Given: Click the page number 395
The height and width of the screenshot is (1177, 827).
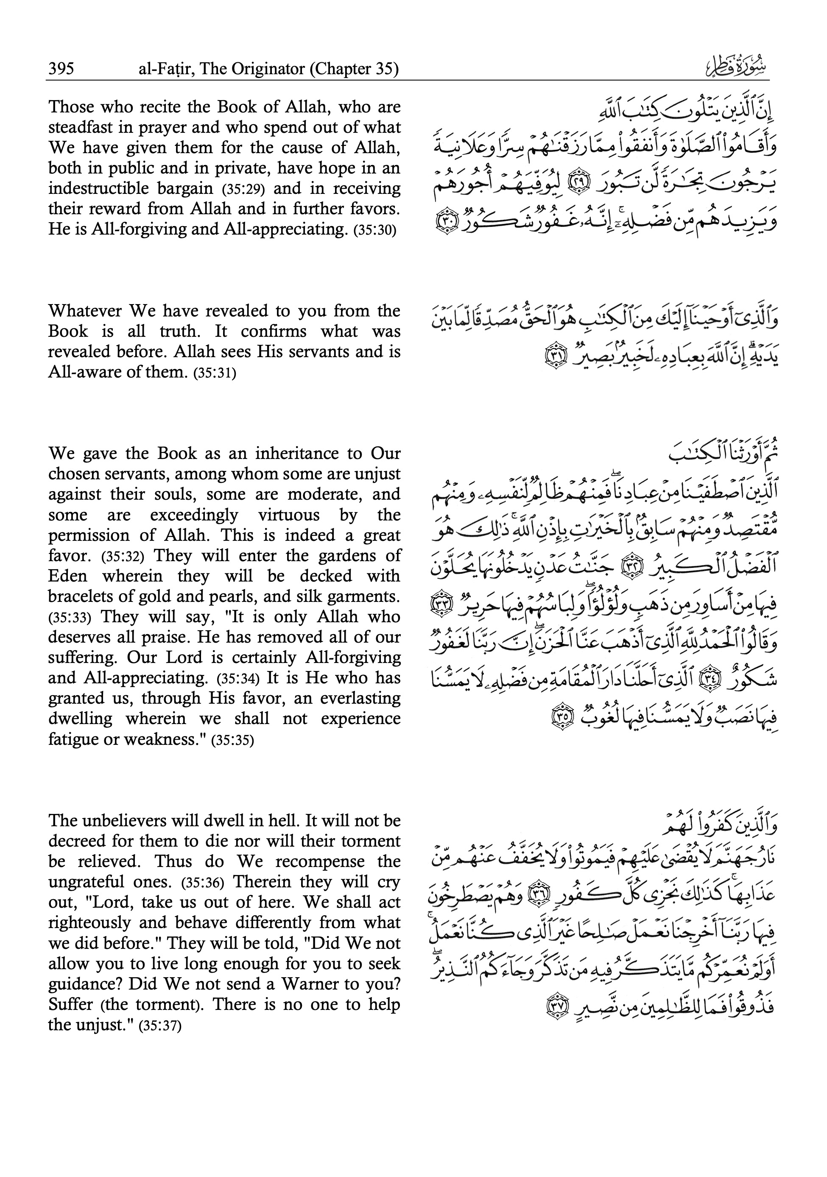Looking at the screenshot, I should pos(61,69).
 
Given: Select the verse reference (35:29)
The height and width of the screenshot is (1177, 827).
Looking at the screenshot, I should pos(243,190).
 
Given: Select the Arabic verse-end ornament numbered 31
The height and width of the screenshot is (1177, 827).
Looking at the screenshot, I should pos(553,354).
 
